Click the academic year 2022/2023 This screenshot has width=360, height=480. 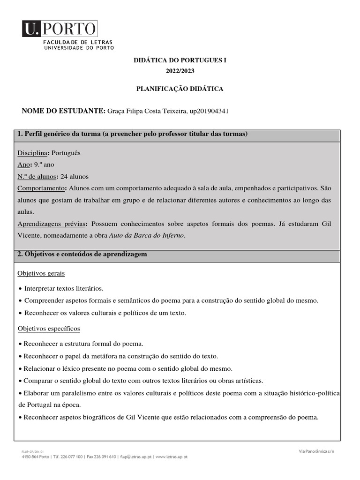[180, 71]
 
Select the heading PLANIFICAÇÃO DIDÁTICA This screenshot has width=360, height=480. [180, 89]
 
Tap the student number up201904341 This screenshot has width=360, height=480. [209, 111]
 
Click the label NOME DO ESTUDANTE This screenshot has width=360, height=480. [64, 111]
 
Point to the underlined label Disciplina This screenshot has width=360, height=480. [32, 153]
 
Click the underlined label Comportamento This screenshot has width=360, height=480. [42, 188]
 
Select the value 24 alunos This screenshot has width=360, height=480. [75, 177]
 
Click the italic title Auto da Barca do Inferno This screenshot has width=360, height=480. [147, 236]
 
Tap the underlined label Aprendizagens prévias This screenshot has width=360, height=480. [52, 224]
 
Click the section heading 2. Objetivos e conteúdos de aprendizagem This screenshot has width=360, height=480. [82, 254]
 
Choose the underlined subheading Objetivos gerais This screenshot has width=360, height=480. [41, 273]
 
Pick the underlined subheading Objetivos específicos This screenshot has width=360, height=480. [48, 329]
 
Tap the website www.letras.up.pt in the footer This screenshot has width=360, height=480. [172, 457]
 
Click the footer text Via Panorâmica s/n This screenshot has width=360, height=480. [316, 451]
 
